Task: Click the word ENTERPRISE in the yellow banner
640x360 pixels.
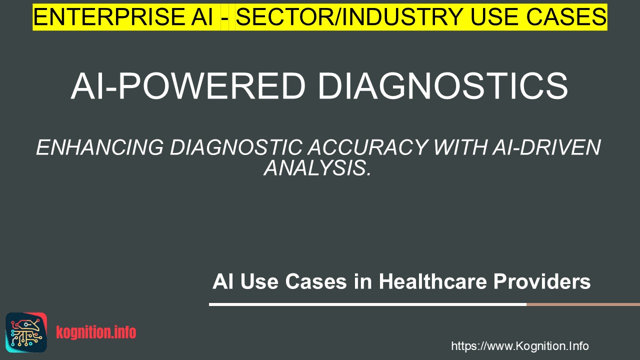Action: click(109, 17)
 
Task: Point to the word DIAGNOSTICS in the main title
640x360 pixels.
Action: click(443, 86)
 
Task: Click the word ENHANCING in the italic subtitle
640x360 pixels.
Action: click(99, 147)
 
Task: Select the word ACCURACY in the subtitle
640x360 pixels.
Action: click(368, 147)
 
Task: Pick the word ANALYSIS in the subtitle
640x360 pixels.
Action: click(317, 168)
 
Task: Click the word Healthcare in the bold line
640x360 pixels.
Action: click(433, 281)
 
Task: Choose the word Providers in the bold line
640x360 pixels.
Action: click(542, 281)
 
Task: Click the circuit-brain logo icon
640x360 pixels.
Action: click(26, 332)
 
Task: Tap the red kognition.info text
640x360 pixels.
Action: click(96, 332)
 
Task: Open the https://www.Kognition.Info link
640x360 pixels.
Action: click(520, 346)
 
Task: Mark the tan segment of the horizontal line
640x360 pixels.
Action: click(583, 304)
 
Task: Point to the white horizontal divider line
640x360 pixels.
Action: click(367, 304)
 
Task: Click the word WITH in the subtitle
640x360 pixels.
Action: click(460, 147)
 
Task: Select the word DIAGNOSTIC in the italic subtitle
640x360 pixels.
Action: click(236, 147)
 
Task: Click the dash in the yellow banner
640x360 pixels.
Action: click(225, 18)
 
